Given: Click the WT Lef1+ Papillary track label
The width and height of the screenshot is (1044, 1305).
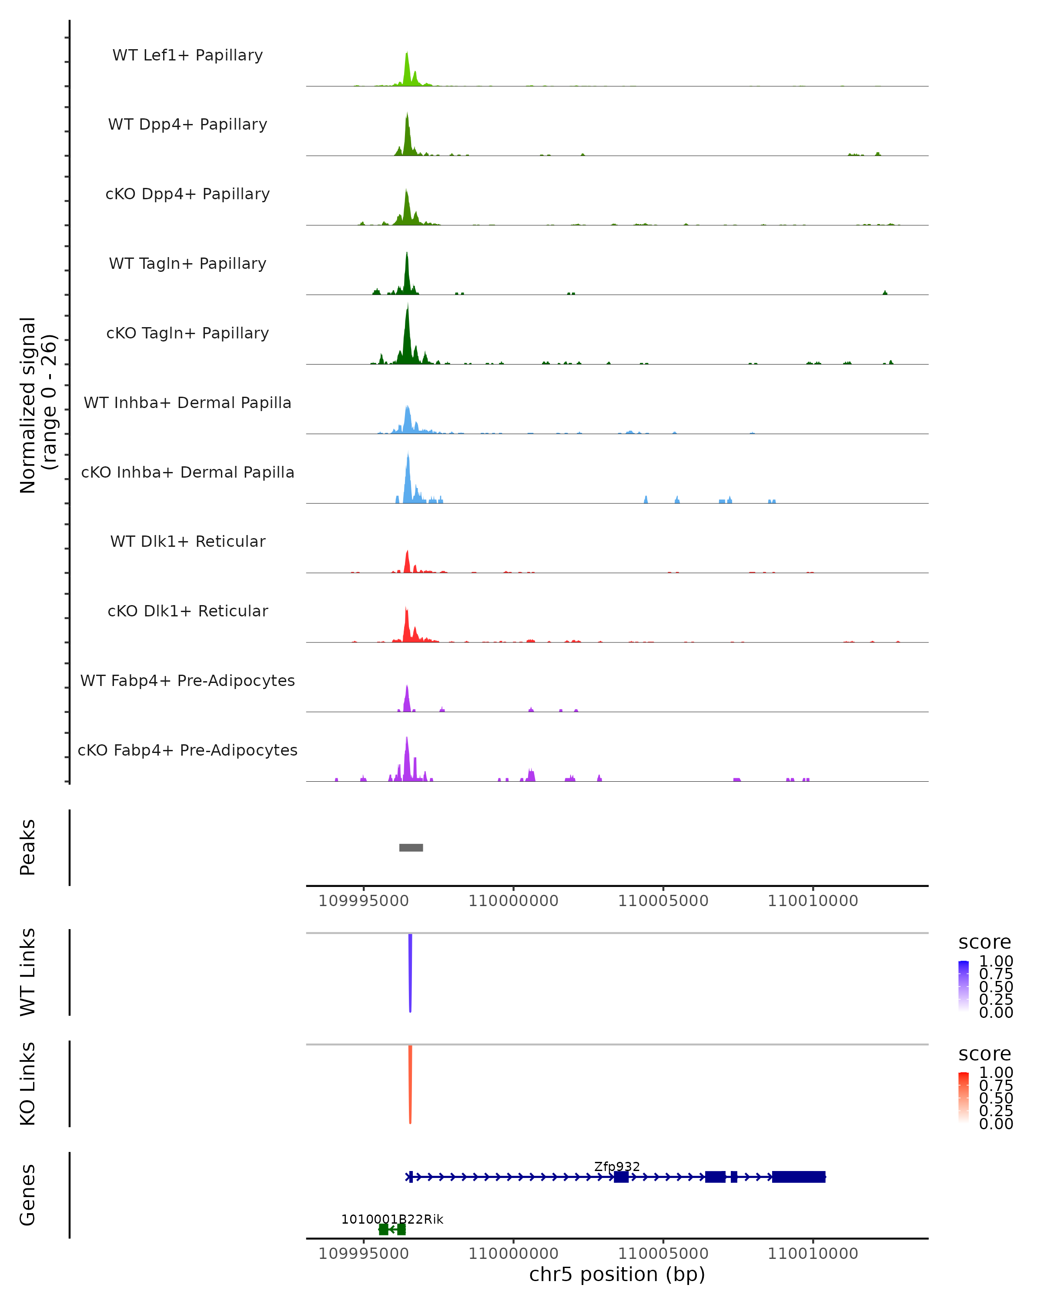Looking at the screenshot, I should pos(187,55).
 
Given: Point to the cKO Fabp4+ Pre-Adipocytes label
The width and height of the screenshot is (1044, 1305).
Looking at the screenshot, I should pos(187,750).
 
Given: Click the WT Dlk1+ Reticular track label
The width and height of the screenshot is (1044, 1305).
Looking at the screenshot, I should pos(187,541).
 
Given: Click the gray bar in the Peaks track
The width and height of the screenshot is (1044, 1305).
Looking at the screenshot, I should pos(411,847).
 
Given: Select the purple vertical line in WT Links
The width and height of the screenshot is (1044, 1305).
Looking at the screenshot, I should pos(410,971).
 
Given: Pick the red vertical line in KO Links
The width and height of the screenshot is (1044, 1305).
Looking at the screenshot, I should pos(410,1084).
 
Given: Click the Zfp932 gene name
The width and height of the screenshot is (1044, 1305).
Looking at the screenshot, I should pos(617,1166).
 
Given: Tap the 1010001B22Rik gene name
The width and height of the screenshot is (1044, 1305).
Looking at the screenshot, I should pos(392,1219).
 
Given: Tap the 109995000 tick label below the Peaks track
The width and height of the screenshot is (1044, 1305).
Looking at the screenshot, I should pos(363,901).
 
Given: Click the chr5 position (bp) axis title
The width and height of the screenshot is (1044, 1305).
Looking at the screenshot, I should pos(617,1275).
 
